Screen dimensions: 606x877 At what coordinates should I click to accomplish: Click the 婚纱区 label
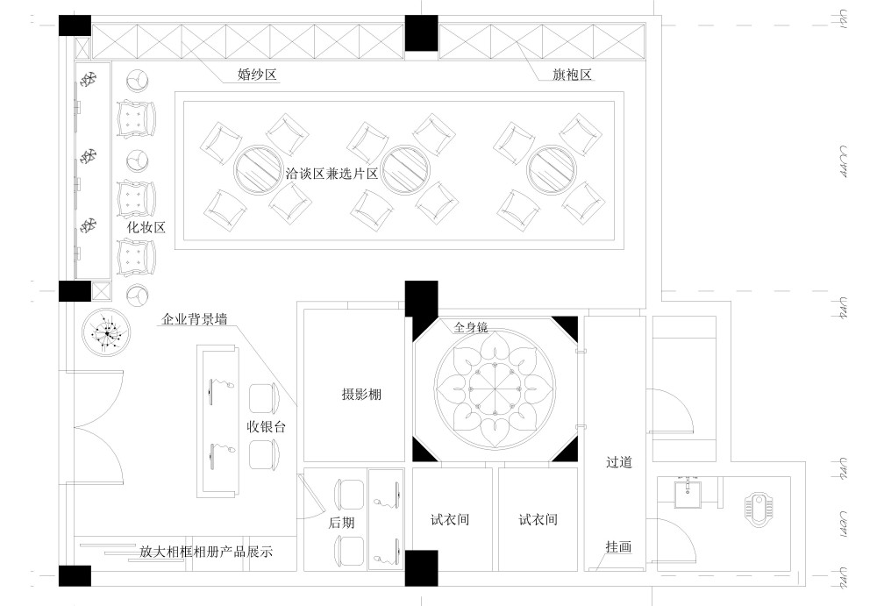tap(258, 75)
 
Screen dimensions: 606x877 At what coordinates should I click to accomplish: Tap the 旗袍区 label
tap(574, 75)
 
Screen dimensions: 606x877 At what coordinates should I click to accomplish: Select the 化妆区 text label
tap(146, 227)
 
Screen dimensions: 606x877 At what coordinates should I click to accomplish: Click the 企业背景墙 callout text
tap(195, 320)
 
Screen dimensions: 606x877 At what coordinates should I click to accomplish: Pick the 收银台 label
tap(267, 427)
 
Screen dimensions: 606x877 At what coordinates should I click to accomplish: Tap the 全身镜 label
tap(470, 327)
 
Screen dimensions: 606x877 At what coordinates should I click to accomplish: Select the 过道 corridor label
tap(618, 461)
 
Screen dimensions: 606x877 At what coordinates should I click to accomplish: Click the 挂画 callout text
tap(618, 546)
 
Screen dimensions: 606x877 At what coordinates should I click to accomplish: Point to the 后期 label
tap(341, 522)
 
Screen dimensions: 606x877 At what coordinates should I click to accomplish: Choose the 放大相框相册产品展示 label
tap(206, 553)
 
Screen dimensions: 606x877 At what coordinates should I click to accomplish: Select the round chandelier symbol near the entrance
tap(107, 333)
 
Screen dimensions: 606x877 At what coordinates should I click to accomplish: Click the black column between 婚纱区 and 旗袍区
tap(421, 34)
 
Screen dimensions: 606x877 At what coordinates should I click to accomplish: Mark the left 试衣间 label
tap(451, 519)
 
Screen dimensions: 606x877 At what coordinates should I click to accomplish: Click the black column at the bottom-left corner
tap(75, 576)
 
